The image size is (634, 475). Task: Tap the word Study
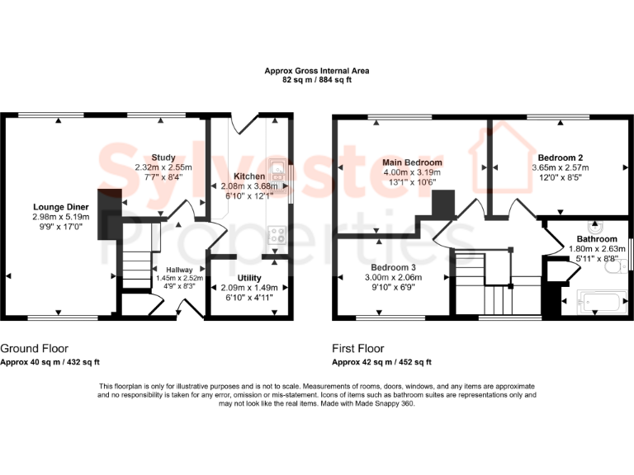pyautogui.click(x=163, y=157)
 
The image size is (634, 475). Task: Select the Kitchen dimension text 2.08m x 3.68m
pyautogui.click(x=249, y=186)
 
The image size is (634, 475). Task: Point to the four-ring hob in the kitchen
pyautogui.click(x=277, y=235)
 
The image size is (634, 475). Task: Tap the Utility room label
pyautogui.click(x=249, y=277)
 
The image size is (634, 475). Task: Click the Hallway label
pyautogui.click(x=179, y=270)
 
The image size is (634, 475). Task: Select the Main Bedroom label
pyautogui.click(x=412, y=162)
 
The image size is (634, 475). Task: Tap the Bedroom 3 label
pyautogui.click(x=393, y=268)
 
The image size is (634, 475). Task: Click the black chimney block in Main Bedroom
pyautogui.click(x=444, y=203)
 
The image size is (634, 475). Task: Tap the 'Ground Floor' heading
pyautogui.click(x=34, y=349)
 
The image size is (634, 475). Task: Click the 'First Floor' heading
pyautogui.click(x=358, y=349)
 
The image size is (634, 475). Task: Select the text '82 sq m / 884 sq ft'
pyautogui.click(x=317, y=81)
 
